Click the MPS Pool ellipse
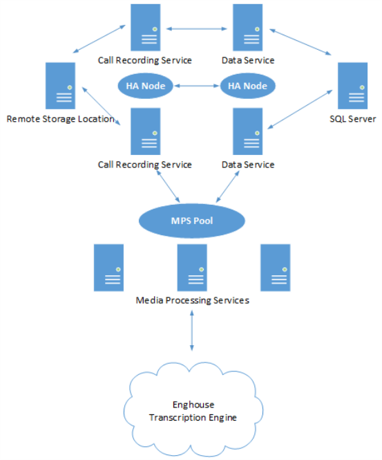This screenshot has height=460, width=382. [x=192, y=221]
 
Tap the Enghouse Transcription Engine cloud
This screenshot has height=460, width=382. [x=193, y=410]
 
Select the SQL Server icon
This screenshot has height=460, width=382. [x=353, y=86]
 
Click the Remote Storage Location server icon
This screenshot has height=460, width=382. [x=60, y=86]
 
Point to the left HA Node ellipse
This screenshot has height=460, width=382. [x=146, y=86]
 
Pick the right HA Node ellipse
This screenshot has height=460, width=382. [x=247, y=86]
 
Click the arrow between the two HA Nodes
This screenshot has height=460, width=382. [x=197, y=86]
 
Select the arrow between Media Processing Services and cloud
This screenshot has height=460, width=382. [x=192, y=331]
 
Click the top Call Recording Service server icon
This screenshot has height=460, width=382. [x=146, y=27]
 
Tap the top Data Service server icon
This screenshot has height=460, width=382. [x=247, y=27]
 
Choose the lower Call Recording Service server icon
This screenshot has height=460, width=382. [x=146, y=131]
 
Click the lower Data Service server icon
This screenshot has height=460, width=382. [x=247, y=131]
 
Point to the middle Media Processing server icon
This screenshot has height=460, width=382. [x=192, y=268]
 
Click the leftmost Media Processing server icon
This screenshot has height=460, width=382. [x=108, y=268]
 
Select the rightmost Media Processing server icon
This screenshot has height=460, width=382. [x=276, y=268]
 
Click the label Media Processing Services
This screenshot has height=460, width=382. [x=193, y=300]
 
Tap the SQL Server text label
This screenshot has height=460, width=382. [x=353, y=119]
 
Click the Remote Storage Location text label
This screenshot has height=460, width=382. [x=60, y=119]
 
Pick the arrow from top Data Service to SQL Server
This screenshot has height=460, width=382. [x=300, y=42]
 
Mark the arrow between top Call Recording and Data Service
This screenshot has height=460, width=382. [x=197, y=29]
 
